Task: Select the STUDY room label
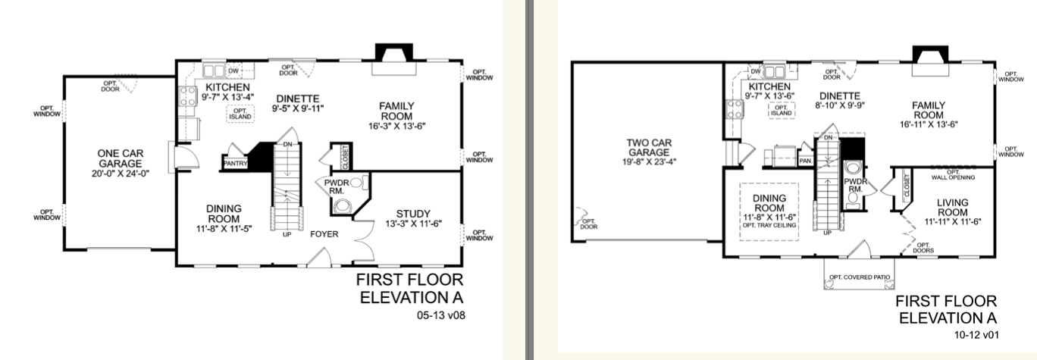pos(413,214)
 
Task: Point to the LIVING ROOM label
pos(952,208)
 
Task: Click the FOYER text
pos(324,234)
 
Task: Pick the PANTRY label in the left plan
pos(236,164)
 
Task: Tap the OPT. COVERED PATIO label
pos(859,277)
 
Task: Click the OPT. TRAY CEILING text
pos(769,225)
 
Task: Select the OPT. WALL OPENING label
pos(953,174)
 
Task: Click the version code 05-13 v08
pos(440,315)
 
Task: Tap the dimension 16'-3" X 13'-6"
pos(396,126)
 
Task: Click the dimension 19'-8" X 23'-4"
pos(649,162)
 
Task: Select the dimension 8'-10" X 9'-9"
pos(839,105)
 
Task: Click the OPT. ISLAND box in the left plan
pos(240,114)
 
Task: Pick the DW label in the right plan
pos(756,71)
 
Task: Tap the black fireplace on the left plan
pos(393,52)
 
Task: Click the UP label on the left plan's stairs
pos(287,235)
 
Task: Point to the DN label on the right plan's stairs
pos(829,137)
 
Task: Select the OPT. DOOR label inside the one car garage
pos(110,86)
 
